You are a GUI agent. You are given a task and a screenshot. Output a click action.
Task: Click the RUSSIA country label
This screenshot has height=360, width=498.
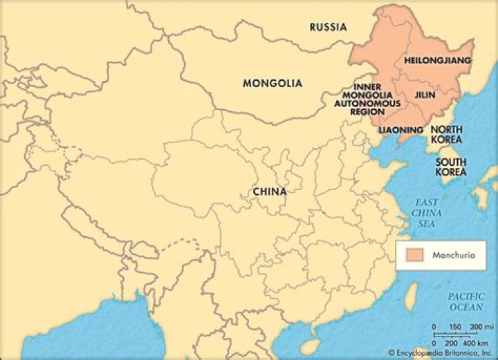click(328, 28)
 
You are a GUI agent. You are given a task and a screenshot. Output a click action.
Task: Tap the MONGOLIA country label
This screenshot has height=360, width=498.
click(273, 83)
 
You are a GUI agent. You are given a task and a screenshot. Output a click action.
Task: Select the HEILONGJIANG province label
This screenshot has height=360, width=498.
click(437, 60)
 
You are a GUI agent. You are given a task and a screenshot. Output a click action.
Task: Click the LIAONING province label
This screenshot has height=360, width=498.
click(400, 130)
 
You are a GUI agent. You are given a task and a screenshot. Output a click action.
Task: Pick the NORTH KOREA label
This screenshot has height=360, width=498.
click(446, 134)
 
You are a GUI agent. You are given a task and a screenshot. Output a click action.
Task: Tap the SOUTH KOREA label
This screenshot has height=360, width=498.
click(451, 167)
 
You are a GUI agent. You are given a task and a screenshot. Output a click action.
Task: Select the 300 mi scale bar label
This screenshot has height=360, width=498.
click(482, 326)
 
